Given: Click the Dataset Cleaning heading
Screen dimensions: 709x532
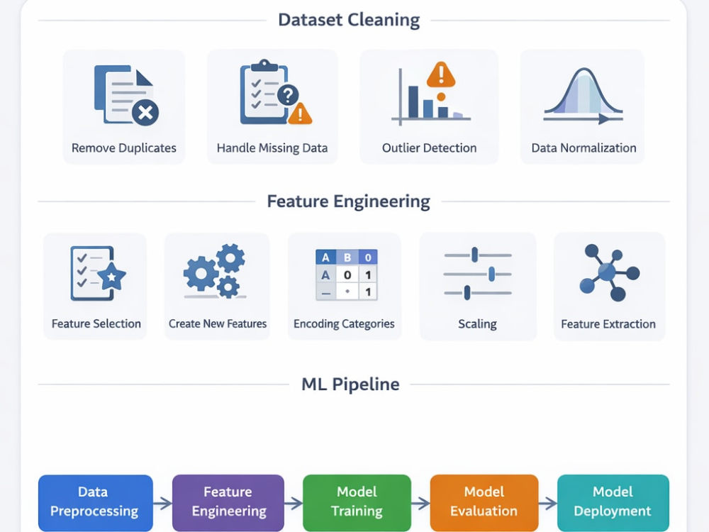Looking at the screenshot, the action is point(349,20).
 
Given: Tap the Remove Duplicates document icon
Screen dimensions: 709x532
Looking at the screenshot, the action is point(126,95).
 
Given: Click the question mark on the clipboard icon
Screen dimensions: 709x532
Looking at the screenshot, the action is point(288,95).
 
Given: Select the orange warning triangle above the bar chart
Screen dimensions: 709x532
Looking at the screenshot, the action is point(441,74).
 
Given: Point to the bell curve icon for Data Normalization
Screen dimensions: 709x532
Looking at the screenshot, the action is point(584,96).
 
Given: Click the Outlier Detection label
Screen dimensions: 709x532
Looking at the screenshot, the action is point(429,148).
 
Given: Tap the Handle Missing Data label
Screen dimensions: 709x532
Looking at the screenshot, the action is point(272,148).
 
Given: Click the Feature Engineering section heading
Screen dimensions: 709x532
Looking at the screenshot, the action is point(348,201).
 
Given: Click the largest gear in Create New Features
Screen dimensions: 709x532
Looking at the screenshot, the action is point(201,273).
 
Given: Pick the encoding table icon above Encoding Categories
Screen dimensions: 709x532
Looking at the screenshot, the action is point(347,275).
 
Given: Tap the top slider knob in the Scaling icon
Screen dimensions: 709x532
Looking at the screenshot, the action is point(474,255).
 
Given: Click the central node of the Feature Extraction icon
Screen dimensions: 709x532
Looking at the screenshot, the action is point(606,272).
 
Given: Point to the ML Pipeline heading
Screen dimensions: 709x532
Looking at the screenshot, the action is point(350,384).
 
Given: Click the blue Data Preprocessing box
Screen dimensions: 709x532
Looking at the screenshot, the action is point(96,502).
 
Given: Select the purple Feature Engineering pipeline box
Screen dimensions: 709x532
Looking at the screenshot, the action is point(228,502).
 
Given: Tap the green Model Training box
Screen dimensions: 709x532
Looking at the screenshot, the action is point(357,502).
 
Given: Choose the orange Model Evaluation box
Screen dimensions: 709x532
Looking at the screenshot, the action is point(484,502).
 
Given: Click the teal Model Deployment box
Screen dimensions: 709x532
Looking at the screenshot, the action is point(613,502).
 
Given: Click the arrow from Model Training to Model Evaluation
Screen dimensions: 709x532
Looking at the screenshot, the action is point(420,503).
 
